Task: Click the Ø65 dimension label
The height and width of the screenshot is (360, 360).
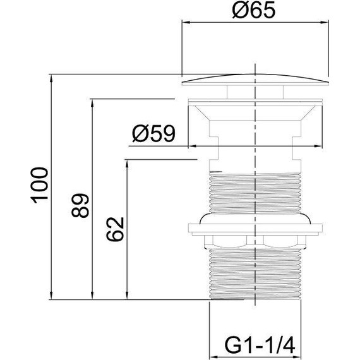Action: (253, 10)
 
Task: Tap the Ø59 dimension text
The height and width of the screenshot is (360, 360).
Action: (153, 134)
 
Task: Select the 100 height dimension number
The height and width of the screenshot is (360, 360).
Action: (40, 185)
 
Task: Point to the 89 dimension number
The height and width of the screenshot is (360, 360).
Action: (80, 205)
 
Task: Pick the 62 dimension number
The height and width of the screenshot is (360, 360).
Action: (115, 229)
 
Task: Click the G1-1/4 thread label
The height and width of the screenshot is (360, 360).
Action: (260, 345)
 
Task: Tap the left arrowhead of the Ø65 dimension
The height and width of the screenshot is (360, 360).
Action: (186, 22)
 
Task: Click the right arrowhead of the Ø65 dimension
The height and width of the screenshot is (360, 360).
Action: (325, 22)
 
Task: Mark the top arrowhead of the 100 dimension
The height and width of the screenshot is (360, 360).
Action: (51, 78)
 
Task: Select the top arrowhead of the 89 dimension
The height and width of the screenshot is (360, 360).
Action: (92, 103)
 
